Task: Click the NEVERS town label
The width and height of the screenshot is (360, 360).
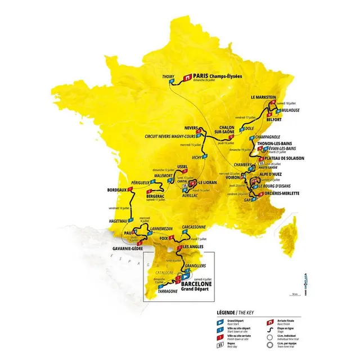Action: (192, 127)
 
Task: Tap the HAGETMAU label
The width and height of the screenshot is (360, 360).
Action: (117, 221)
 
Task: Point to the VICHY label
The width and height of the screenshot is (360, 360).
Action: (199, 158)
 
